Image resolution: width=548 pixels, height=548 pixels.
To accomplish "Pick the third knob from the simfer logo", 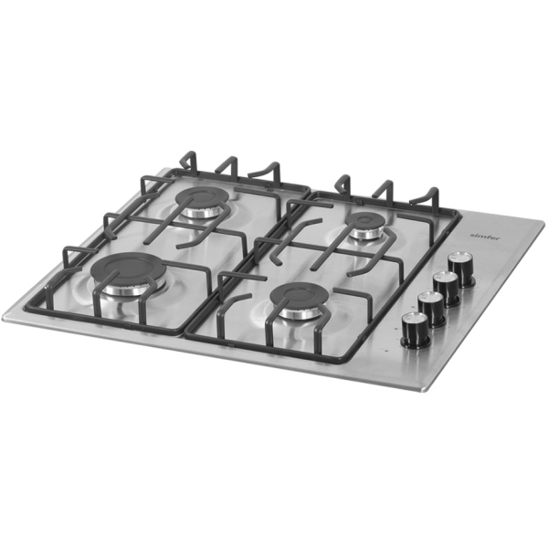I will [x=431, y=306].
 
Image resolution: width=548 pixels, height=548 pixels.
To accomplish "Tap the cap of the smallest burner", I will [x=368, y=219].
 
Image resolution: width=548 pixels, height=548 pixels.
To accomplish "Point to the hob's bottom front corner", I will [x=425, y=389].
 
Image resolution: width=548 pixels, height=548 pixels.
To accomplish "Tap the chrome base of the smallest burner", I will [x=368, y=233].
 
